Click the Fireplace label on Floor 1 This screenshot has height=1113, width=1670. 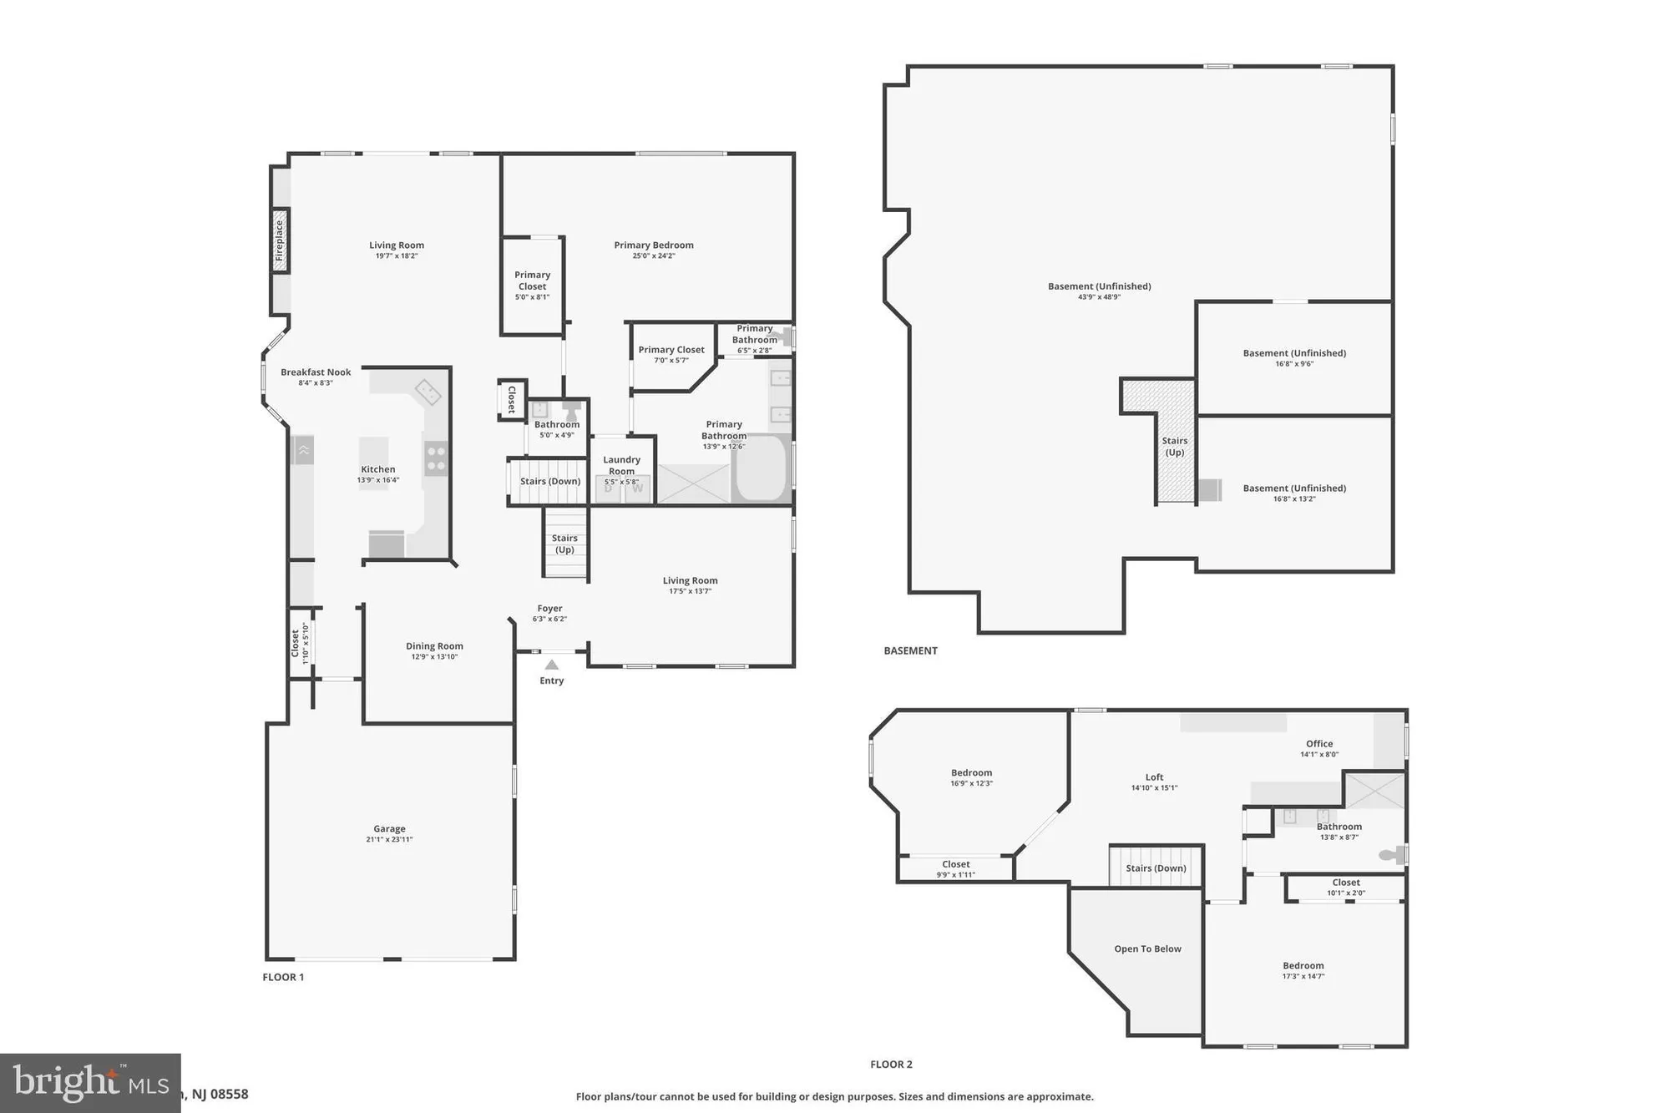(280, 240)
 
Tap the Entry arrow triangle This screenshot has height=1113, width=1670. (552, 665)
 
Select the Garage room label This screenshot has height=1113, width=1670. (389, 828)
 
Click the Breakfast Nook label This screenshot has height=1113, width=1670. (316, 372)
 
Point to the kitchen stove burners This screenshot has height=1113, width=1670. (436, 458)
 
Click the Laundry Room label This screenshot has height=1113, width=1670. (621, 465)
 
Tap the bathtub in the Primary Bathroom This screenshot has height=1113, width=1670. (762, 468)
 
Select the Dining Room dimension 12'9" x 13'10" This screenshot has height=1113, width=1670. (434, 657)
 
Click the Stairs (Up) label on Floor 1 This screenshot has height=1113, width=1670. (564, 544)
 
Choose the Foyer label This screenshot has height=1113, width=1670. (549, 609)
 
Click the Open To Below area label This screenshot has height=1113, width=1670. (1147, 949)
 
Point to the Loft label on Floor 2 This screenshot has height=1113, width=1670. (1154, 777)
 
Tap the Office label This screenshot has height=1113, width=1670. (1319, 743)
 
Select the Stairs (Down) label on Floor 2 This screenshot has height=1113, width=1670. (1156, 868)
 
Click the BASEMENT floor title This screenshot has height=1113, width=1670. (910, 650)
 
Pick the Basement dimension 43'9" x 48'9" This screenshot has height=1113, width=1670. (1099, 297)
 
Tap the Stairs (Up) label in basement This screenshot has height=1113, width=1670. (1174, 447)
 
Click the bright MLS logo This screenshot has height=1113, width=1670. (90, 1083)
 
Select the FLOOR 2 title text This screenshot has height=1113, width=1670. (891, 1065)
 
